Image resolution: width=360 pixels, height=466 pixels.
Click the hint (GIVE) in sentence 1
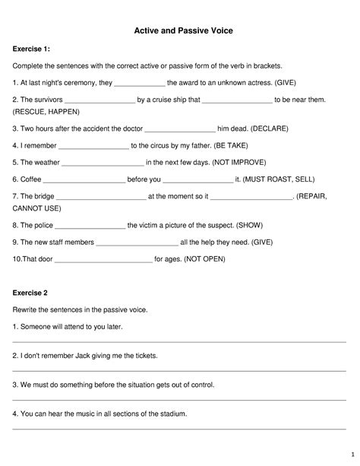[290, 82]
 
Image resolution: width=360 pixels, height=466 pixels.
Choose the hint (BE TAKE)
[242, 145]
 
